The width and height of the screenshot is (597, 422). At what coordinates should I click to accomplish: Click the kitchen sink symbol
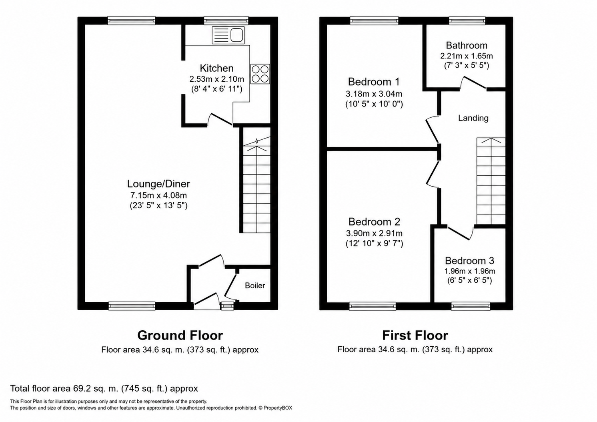pyautogui.click(x=228, y=35)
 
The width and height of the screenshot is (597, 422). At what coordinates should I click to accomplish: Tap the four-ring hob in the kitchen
pyautogui.click(x=260, y=74)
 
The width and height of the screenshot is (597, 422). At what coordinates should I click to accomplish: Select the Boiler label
pyautogui.click(x=255, y=286)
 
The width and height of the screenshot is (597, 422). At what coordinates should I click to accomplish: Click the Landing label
pyautogui.click(x=473, y=118)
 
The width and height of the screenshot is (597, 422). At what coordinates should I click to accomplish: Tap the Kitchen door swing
pyautogui.click(x=220, y=119)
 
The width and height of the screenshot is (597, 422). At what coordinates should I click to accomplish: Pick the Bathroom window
pyautogui.click(x=467, y=20)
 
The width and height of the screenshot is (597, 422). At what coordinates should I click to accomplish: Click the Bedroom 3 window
pyautogui.click(x=471, y=306)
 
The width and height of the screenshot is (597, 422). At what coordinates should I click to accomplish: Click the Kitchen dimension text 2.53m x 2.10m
pyautogui.click(x=217, y=79)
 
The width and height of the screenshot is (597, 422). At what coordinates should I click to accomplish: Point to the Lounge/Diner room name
pyautogui.click(x=158, y=184)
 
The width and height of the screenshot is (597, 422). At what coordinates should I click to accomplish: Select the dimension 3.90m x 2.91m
pyautogui.click(x=374, y=233)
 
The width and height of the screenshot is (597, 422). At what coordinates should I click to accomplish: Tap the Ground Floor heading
pyautogui.click(x=180, y=336)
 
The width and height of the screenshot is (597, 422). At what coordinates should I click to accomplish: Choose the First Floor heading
pyautogui.click(x=415, y=336)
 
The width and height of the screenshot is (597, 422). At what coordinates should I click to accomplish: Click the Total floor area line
pyautogui.click(x=104, y=388)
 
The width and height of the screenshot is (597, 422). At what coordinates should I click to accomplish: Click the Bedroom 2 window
pyautogui.click(x=373, y=306)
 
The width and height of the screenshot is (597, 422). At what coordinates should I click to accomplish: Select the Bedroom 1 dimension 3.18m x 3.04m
pyautogui.click(x=374, y=94)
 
